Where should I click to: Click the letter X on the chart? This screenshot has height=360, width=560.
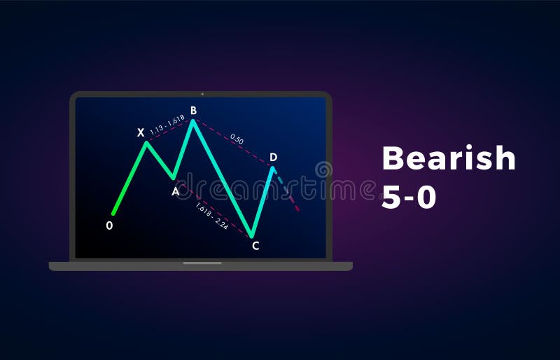coord(141,132)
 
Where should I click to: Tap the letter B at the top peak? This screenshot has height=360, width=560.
coord(193,110)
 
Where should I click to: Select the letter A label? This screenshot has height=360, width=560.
coord(175,191)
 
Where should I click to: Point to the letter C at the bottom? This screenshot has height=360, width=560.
coord(255,245)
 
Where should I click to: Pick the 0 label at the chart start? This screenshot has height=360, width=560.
coord(109,226)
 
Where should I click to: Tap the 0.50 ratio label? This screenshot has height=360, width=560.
coord(237,140)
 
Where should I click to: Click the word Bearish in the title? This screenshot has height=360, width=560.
coord(449,159)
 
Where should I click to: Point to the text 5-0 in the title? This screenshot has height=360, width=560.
coord(409,198)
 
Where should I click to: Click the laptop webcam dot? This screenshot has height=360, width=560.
coord(202,94)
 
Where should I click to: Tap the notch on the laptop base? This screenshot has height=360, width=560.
coord(202,263)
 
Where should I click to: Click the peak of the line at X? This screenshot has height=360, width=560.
coord(146,142)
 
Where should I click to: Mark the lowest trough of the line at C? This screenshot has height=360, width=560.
coord(252,236)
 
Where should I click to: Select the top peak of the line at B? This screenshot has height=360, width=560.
coord(192,120)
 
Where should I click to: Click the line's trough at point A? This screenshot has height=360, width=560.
coord(174,178)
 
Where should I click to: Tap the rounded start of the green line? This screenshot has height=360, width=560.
coord(113,213)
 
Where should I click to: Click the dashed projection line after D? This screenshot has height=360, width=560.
coord(288,192)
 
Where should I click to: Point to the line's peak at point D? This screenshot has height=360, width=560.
coord(273,167)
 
